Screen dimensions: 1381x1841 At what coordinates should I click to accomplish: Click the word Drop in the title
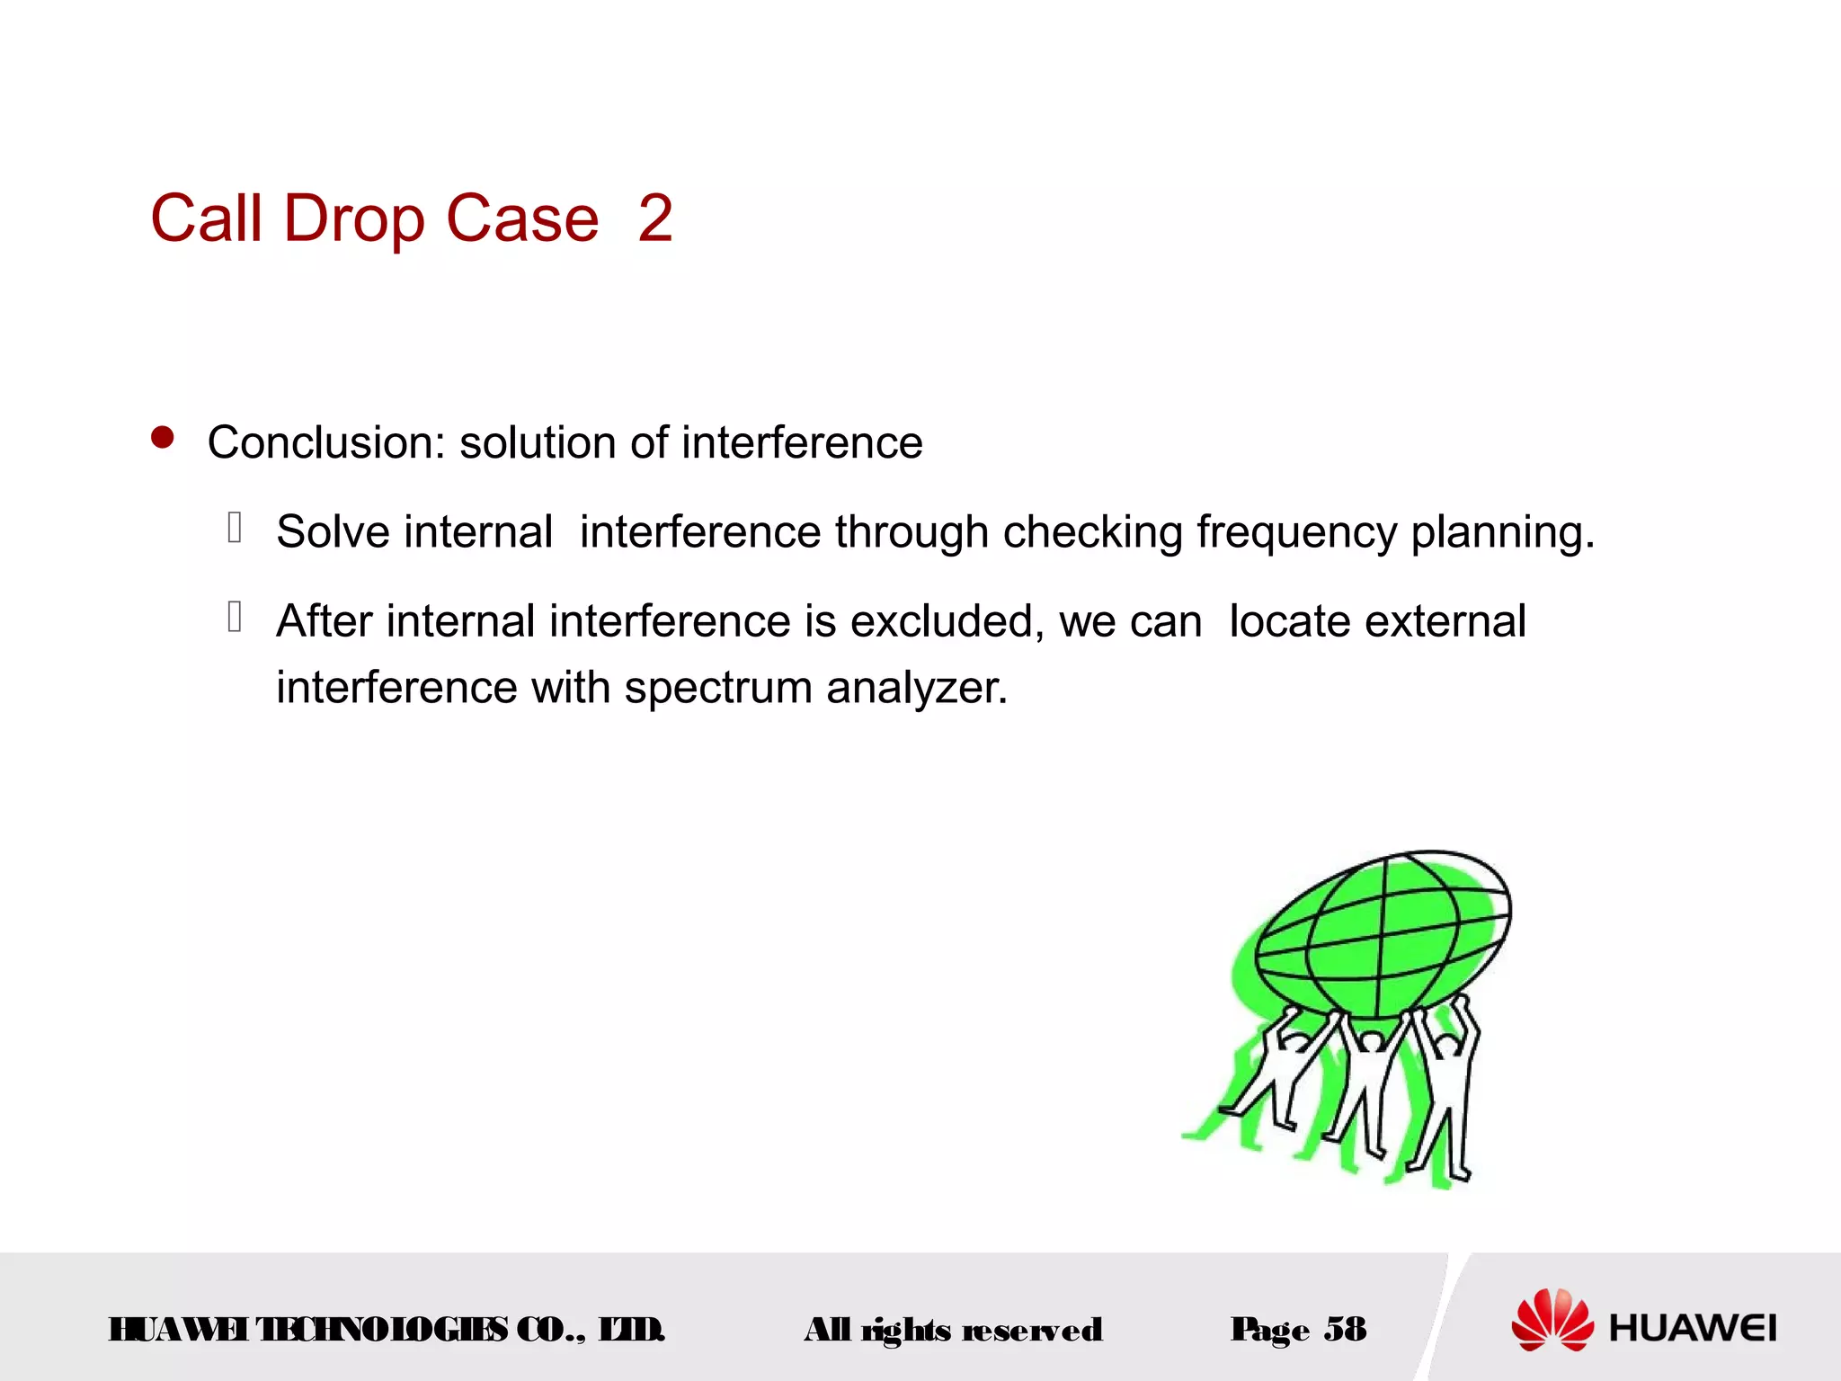coord(353,218)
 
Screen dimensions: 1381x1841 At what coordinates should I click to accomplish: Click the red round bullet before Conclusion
coord(163,438)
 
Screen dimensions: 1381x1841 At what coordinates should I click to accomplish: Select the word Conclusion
coord(325,442)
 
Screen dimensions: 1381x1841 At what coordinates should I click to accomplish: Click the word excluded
coord(947,620)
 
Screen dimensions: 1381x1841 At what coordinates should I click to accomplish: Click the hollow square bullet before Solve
coord(236,527)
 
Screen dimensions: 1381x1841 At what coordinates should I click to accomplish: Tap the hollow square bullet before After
coord(236,617)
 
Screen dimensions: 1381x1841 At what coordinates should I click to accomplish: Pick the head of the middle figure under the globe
coord(1371,1042)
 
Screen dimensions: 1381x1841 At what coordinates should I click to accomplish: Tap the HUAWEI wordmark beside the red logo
coord(1693,1328)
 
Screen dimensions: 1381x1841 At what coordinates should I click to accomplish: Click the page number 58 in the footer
coord(1345,1329)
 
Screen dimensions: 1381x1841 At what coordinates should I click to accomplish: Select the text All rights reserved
coord(953,1330)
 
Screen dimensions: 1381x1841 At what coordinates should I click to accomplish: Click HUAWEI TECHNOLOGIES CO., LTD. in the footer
coord(387,1329)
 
